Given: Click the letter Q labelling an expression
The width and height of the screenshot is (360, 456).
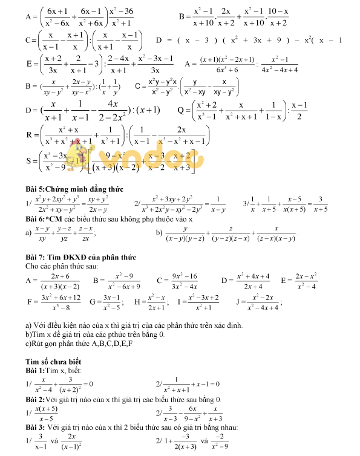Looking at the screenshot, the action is (180, 111).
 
